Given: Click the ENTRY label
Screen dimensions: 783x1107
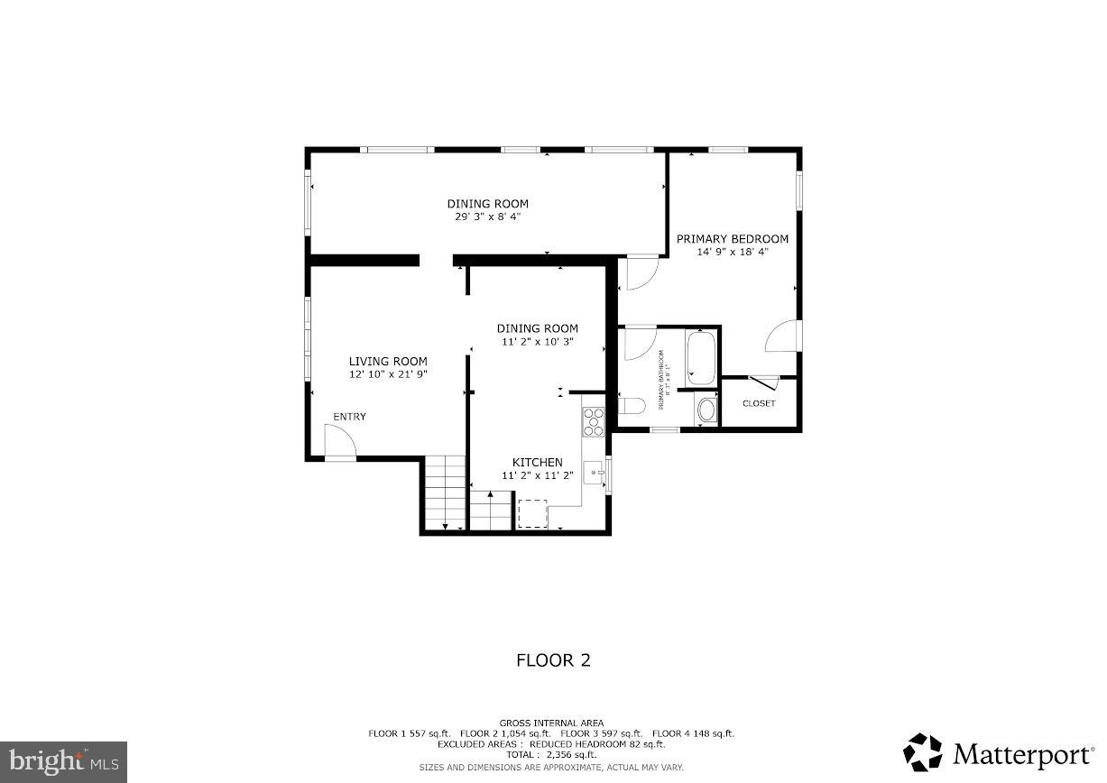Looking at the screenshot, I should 349,417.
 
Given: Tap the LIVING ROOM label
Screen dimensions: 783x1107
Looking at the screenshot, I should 388,362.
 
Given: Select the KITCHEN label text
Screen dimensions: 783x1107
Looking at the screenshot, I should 538,463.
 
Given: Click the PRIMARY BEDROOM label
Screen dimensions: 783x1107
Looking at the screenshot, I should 733,239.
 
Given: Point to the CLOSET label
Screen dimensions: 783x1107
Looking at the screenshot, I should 759,403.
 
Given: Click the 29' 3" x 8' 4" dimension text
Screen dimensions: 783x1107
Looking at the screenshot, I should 487,216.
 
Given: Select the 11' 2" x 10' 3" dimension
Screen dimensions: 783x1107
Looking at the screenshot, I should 538,342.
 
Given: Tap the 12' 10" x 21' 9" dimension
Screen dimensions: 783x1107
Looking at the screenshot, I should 388,373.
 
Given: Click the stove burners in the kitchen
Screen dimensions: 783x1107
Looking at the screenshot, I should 594,422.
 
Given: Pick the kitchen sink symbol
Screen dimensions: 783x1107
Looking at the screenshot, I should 594,471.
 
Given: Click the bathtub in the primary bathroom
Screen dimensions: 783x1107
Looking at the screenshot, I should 701,359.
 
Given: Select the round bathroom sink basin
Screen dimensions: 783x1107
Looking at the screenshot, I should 705,411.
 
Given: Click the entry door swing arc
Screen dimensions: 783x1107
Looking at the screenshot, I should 343,441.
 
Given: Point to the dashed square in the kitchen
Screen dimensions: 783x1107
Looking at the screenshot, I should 532,513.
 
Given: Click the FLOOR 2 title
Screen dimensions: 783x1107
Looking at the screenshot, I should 553,660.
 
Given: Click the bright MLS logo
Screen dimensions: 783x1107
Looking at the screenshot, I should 63,762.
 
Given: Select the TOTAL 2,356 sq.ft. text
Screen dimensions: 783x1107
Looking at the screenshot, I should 553,754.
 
